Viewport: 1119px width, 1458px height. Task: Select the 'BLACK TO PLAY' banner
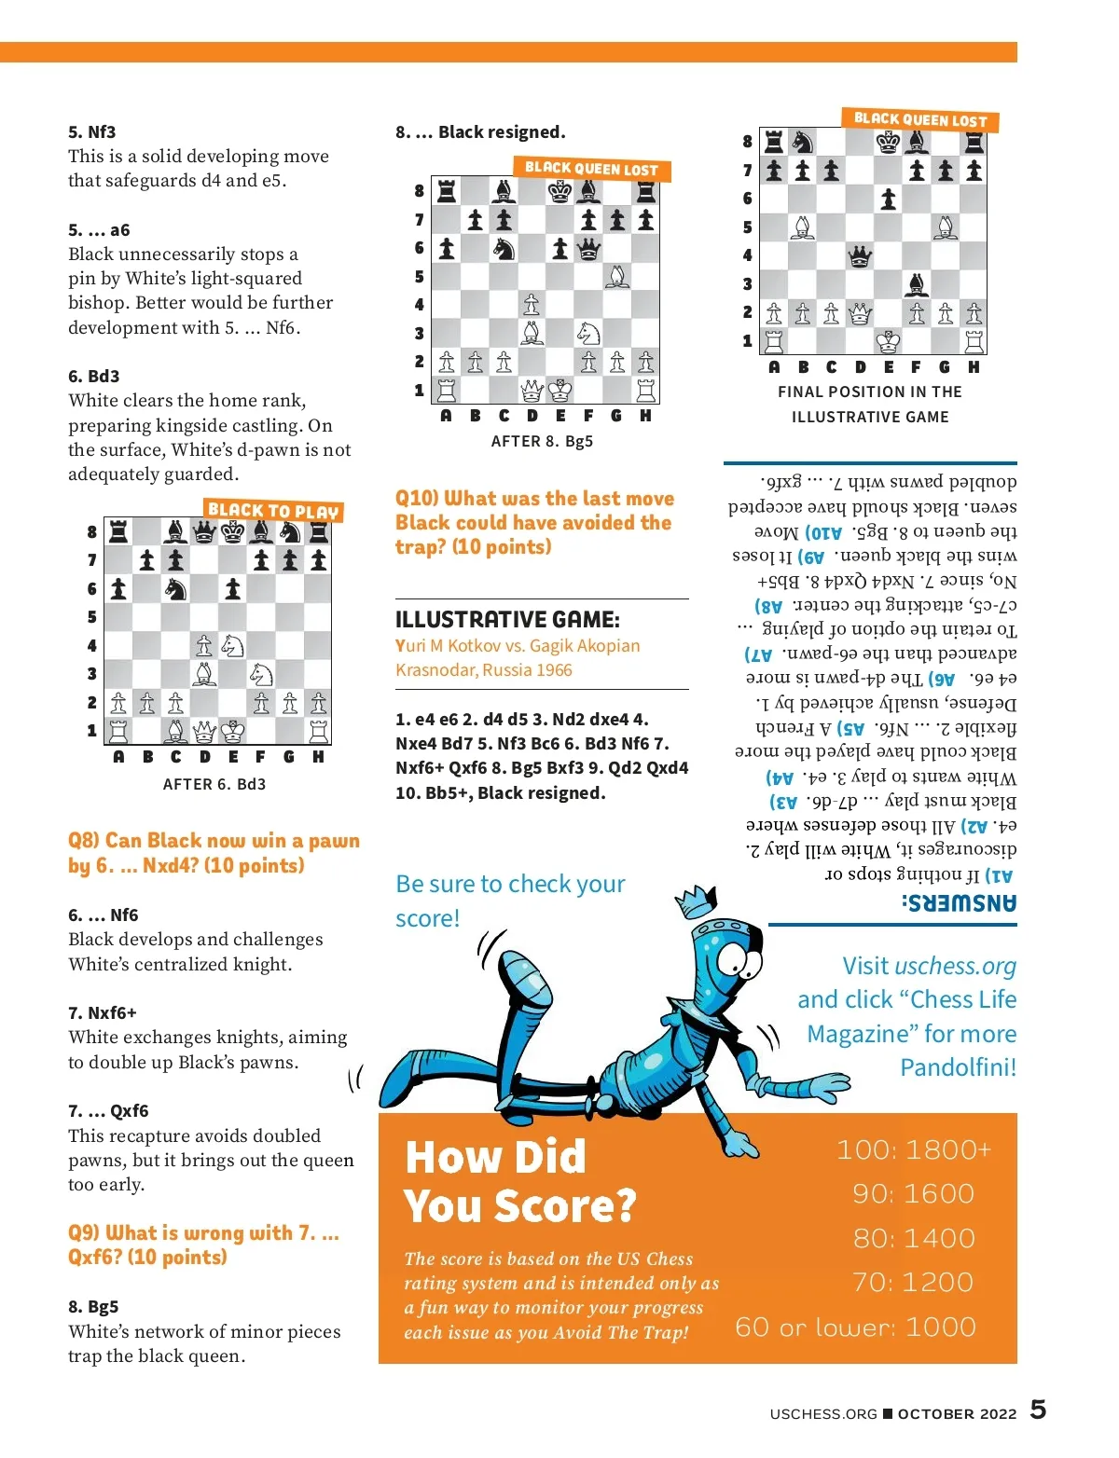(273, 511)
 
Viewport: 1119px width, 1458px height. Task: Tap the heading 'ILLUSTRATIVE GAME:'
(507, 619)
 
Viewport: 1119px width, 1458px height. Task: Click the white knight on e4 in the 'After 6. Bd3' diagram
(233, 645)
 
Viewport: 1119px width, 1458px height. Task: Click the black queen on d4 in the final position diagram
(860, 255)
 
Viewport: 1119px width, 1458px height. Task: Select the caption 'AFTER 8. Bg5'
(542, 441)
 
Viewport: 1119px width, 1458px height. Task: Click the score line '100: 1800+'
(914, 1149)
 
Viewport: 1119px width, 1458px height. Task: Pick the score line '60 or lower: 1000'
(855, 1327)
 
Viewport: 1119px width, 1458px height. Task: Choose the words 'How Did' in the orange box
(496, 1157)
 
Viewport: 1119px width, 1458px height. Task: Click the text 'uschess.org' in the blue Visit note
(955, 966)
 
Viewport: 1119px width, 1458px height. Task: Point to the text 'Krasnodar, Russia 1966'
(484, 669)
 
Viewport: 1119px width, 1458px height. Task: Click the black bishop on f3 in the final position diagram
(916, 283)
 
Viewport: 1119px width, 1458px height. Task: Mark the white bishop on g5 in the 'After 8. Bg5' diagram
(616, 277)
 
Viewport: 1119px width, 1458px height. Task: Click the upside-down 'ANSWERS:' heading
(960, 903)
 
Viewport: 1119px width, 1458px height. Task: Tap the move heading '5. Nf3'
(92, 131)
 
